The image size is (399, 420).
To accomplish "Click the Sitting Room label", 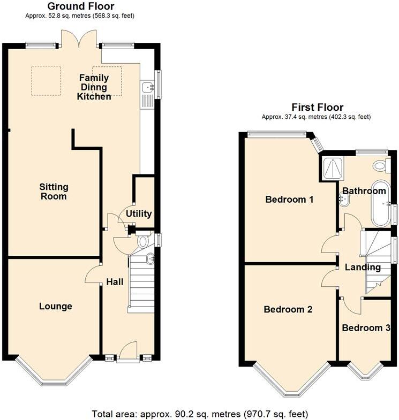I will (54, 192).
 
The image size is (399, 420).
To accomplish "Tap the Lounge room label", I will (55, 307).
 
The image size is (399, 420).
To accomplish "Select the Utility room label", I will (139, 213).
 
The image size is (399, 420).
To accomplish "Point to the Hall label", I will (115, 282).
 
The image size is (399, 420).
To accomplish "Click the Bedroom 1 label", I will (289, 200).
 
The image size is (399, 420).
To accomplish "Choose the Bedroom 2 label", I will (288, 309).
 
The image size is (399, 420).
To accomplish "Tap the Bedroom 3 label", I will (366, 328).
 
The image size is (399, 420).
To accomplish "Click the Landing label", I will (363, 267).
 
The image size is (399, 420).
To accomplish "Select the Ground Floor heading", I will (80, 6).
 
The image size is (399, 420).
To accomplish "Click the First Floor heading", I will (317, 108).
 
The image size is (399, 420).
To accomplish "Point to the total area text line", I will (200, 414).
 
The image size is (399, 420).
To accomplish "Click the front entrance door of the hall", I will (128, 354).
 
